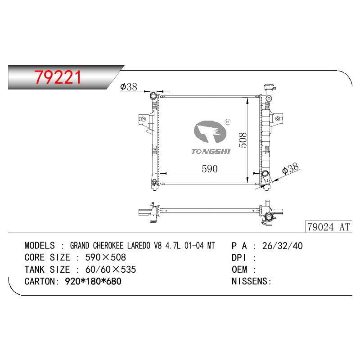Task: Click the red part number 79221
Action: click(x=58, y=77)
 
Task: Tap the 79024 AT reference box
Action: click(x=328, y=227)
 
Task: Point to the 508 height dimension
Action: click(x=243, y=140)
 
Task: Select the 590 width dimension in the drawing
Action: click(x=209, y=169)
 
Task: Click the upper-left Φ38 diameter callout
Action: click(x=129, y=87)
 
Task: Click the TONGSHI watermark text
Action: click(x=211, y=151)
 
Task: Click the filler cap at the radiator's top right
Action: click(x=270, y=88)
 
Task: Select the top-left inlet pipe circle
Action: click(x=153, y=95)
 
